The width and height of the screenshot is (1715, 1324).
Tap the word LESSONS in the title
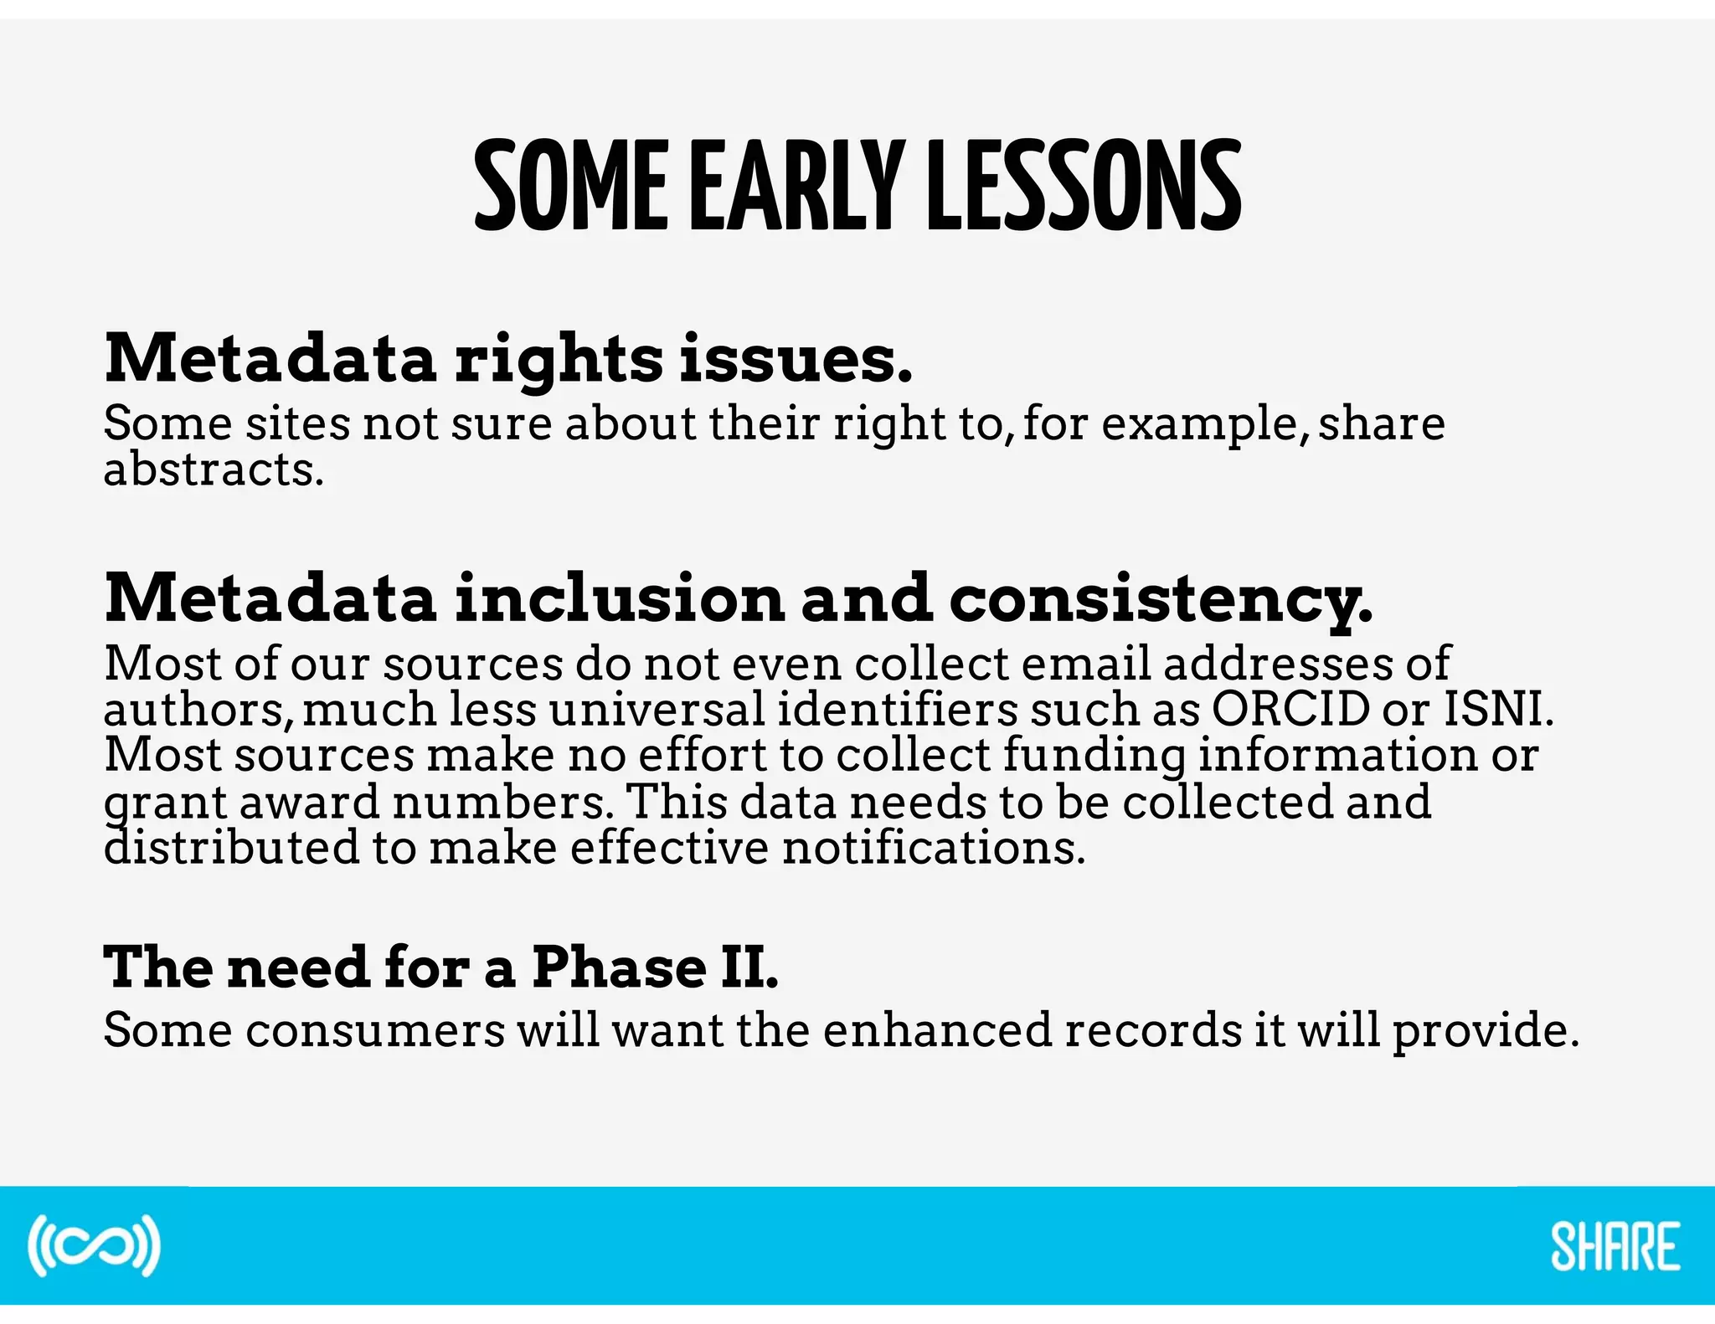click(1084, 186)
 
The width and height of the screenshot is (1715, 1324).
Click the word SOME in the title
click(571, 186)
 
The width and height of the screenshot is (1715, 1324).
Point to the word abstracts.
click(214, 470)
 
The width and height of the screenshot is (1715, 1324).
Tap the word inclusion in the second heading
click(620, 599)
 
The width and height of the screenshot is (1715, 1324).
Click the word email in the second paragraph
click(1086, 664)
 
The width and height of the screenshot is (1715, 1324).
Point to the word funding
click(1094, 756)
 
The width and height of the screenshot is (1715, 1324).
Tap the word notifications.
click(934, 848)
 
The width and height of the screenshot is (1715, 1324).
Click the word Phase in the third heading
click(619, 967)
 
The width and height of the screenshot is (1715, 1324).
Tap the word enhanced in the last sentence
click(937, 1029)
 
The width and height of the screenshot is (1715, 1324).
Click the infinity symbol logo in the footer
click(94, 1245)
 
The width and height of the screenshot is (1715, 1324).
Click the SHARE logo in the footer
click(1615, 1246)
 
